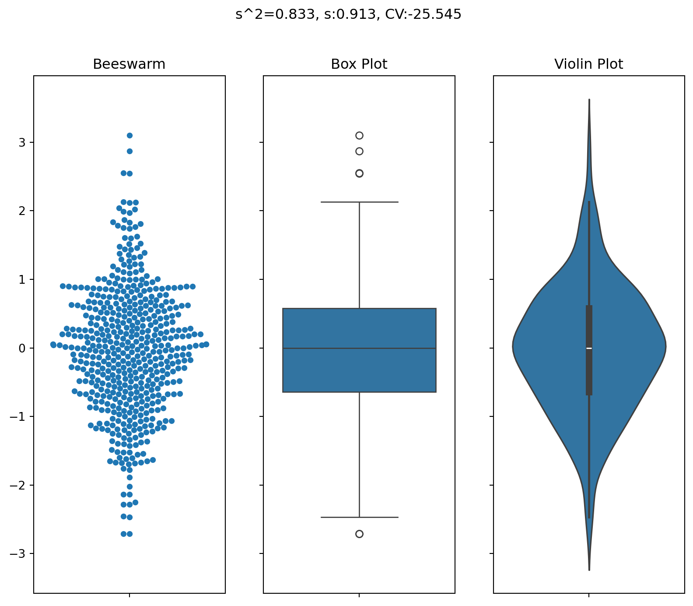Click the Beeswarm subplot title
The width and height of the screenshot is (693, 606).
(x=129, y=64)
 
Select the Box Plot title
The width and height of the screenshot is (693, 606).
(x=359, y=64)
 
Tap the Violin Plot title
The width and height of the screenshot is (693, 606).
(x=588, y=64)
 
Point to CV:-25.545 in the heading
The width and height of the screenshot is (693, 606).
(x=423, y=14)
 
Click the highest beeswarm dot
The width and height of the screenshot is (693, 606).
(x=129, y=135)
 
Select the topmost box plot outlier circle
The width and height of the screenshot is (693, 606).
(x=359, y=135)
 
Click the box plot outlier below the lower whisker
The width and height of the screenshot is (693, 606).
(x=359, y=534)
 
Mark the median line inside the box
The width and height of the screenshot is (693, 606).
(x=359, y=348)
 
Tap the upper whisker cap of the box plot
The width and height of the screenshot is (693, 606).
(x=359, y=202)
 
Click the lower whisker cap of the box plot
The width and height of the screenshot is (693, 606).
(x=359, y=517)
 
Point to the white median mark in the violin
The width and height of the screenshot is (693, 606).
(x=589, y=348)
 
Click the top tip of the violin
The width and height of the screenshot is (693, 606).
(x=589, y=100)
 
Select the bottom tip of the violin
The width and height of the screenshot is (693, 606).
(x=589, y=569)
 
